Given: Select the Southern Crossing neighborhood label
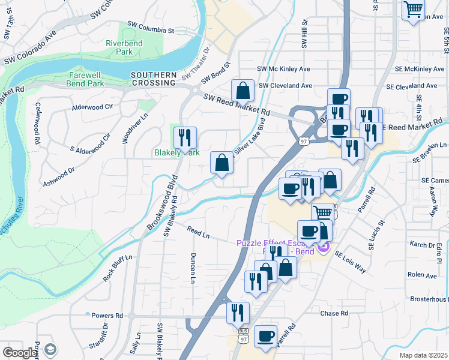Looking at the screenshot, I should coord(154,79).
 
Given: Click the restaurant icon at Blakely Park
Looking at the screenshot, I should coord(185,137).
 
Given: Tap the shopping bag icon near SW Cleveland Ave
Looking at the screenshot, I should coord(243,91).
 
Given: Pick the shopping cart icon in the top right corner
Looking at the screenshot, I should coord(412,9).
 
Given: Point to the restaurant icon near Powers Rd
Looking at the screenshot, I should coord(238,312).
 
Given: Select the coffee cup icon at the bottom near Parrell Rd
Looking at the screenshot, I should coord(265,336).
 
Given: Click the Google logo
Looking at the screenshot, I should coord(20,353).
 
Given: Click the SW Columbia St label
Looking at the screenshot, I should coord(151,27).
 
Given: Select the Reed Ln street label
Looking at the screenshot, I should coord(197,230).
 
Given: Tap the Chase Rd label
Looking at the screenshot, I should coord(334,313).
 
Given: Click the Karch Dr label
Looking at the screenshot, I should coord(423,245).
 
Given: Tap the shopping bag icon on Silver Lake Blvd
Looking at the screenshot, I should coord(221,162).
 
